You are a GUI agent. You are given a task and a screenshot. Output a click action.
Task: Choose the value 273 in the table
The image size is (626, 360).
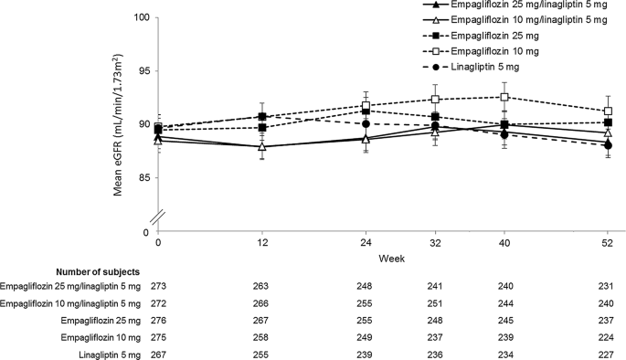coord(158,286)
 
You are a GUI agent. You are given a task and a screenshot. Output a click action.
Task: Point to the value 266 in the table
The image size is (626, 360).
coord(262,302)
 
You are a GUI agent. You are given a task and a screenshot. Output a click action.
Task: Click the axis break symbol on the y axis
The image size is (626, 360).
coord(157,215)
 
